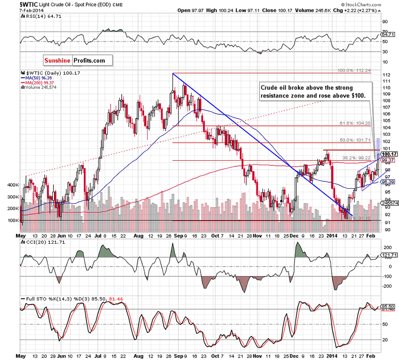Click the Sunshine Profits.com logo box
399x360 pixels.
(x=78, y=60)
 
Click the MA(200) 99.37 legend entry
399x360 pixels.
(x=38, y=83)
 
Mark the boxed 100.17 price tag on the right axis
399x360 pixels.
(x=388, y=155)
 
